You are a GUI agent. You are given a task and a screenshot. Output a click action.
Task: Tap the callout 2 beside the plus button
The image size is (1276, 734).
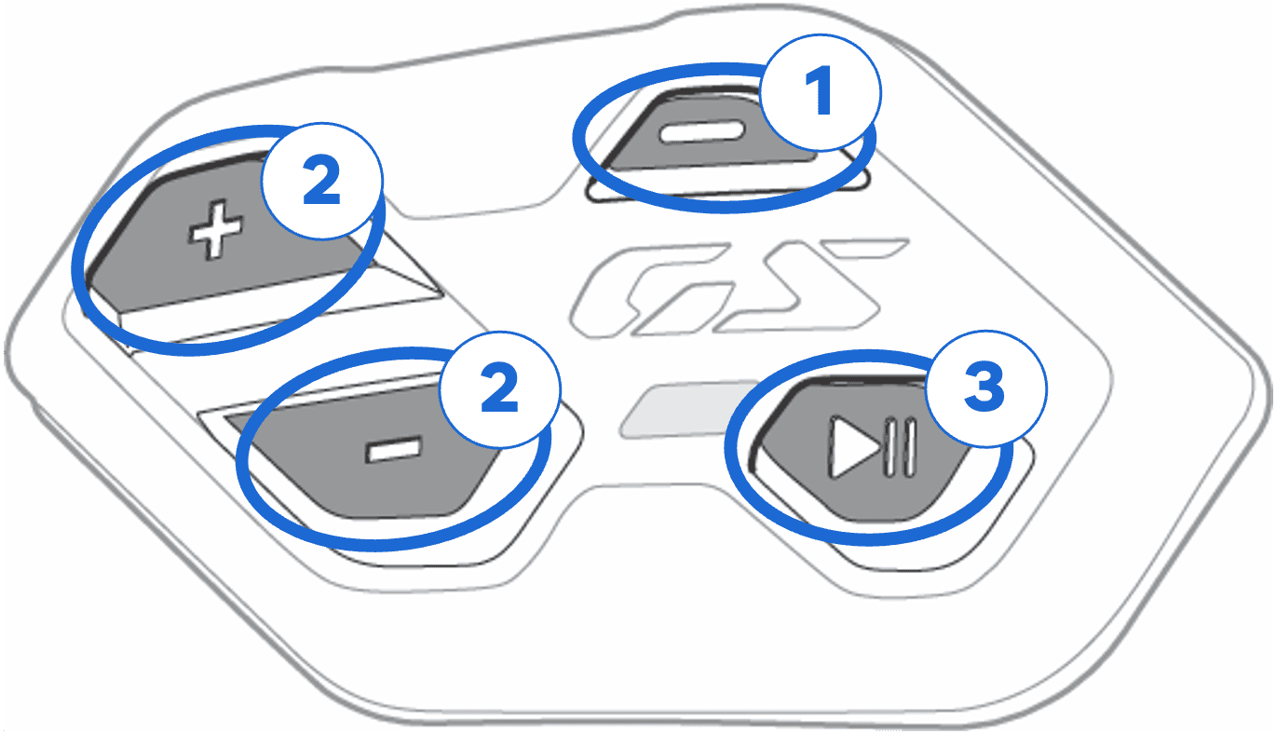click(x=322, y=182)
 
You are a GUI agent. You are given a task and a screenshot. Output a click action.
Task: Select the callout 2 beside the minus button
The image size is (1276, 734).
click(x=500, y=389)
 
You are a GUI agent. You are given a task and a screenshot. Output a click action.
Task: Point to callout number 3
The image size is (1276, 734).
click(x=986, y=389)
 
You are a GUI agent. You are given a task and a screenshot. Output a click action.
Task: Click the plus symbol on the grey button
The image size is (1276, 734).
click(x=216, y=230)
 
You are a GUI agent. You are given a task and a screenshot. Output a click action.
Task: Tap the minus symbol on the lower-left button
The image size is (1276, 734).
click(x=394, y=450)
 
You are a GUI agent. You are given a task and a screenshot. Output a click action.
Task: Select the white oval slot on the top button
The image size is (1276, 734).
click(x=701, y=132)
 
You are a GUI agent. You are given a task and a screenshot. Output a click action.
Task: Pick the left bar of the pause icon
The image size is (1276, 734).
click(x=889, y=448)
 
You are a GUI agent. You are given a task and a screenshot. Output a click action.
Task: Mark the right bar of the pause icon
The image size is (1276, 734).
click(x=910, y=448)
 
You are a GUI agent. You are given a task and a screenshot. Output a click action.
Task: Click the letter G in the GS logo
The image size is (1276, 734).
click(x=649, y=291)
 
